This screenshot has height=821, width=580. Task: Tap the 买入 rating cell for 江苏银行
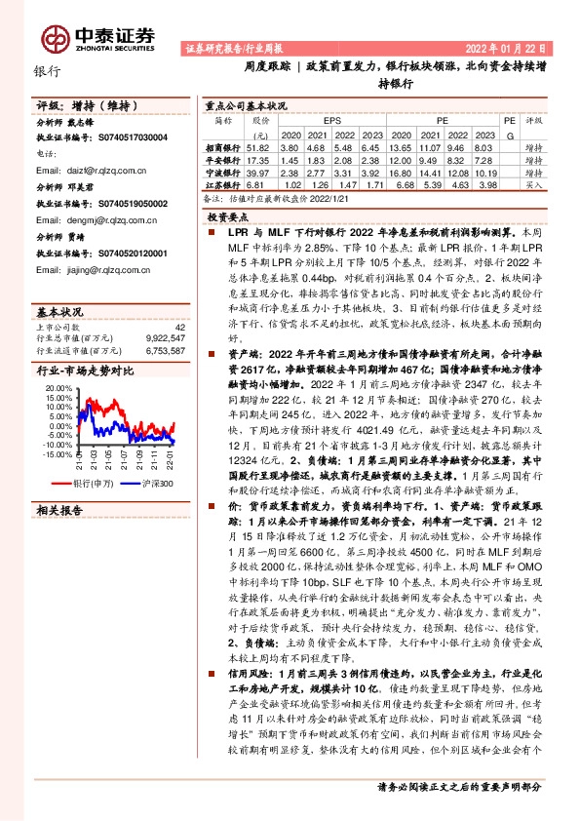point(535,184)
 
